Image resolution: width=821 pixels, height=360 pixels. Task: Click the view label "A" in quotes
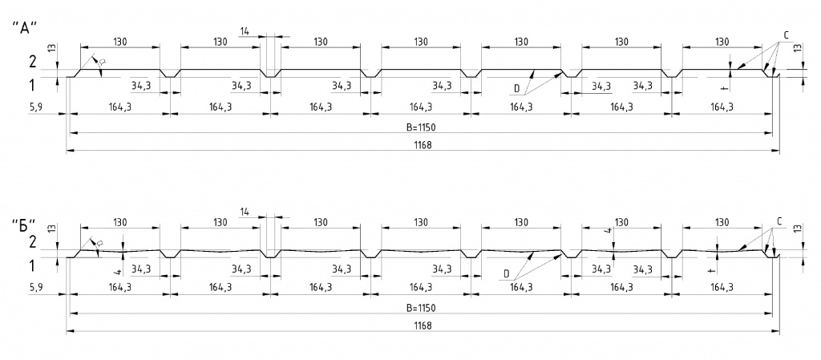(x=25, y=27)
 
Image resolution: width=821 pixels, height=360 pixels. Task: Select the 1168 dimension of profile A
(x=423, y=145)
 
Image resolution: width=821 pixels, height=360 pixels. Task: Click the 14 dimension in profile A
(x=245, y=31)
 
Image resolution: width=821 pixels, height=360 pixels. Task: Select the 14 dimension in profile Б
(x=245, y=211)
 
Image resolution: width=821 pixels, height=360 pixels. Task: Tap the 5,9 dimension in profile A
(x=34, y=107)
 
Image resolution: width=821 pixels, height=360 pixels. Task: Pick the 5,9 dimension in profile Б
(x=34, y=286)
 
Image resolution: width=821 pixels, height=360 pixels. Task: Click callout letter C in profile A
(x=787, y=34)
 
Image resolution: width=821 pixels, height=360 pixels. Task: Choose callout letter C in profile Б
(x=780, y=221)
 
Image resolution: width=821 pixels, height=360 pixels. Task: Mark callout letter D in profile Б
(x=507, y=273)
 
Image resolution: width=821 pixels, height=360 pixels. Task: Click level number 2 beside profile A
(x=32, y=62)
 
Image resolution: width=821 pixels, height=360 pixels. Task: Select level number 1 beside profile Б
(x=32, y=265)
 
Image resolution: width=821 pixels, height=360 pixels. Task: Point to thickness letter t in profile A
(x=724, y=87)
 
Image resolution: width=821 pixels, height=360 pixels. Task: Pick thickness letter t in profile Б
(x=712, y=270)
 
